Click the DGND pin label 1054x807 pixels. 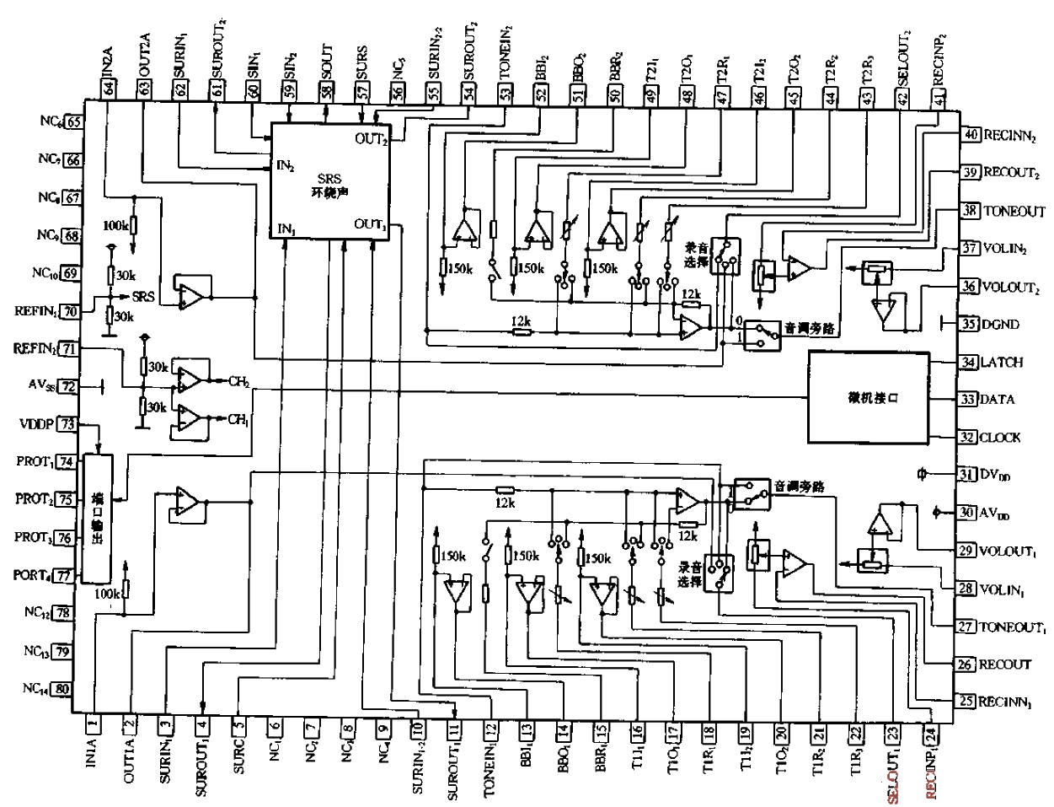[1002, 325]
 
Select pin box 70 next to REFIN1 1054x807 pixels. [72, 311]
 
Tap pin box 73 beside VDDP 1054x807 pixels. [67, 424]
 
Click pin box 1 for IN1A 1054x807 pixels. [94, 723]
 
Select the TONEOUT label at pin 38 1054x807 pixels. [1014, 211]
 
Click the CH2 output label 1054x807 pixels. [239, 381]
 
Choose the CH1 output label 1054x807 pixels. [238, 419]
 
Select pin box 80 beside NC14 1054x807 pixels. [62, 688]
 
